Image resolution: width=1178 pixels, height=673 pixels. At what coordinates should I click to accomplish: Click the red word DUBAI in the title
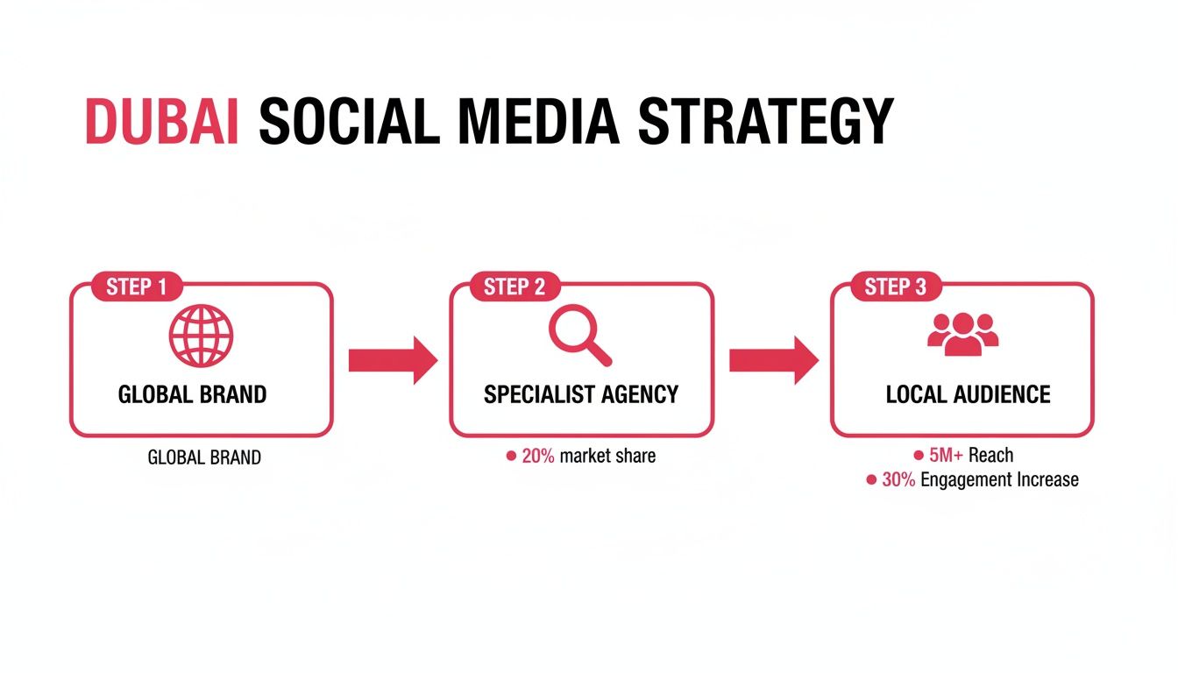162,122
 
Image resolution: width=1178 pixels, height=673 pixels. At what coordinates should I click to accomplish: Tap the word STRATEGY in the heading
765,122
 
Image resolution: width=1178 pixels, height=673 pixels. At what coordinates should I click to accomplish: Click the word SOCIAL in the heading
349,122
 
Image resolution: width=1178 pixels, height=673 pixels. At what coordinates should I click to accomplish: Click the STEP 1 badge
137,287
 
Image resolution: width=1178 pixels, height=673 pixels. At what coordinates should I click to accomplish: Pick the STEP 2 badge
515,287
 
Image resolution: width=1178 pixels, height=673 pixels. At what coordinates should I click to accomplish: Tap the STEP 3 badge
896,287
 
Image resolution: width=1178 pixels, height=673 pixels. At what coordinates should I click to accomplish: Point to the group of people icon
962,333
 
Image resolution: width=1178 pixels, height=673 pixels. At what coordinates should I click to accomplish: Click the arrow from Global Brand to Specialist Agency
392,359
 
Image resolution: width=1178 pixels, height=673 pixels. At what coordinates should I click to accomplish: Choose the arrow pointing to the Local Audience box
773,359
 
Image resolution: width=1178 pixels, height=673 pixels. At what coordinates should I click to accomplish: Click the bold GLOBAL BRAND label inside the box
192,394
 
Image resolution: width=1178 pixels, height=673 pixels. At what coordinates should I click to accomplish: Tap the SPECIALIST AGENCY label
581,394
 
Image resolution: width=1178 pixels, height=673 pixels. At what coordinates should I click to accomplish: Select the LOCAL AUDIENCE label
968,394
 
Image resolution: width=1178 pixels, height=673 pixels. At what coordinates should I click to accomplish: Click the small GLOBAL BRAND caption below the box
204,457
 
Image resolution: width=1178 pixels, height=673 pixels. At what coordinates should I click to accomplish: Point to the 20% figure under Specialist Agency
537,457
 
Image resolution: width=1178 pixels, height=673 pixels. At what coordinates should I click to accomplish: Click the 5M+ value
947,456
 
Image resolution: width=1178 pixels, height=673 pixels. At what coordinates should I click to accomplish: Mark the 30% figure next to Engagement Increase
898,480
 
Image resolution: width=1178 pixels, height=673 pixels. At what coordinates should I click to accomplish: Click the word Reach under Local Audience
990,456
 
